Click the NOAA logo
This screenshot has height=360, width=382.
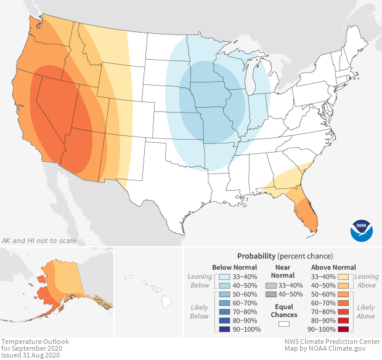tap(362, 230)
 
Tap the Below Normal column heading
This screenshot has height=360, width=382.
tap(235, 268)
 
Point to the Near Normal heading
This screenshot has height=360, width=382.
tap(283, 272)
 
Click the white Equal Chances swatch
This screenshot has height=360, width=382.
tap(283, 323)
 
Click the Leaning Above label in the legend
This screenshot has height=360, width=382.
tap(367, 281)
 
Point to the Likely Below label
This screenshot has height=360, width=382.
tap(200, 311)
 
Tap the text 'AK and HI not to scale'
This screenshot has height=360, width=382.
tap(39, 240)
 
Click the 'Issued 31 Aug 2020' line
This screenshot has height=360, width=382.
tap(31, 355)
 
